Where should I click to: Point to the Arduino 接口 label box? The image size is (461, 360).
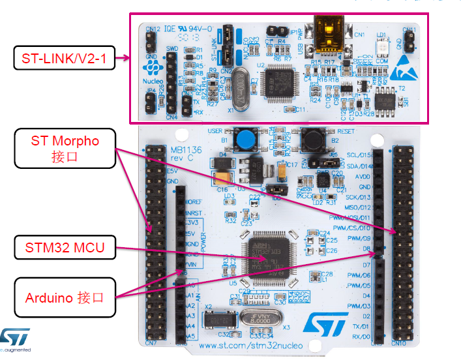click(x=64, y=298)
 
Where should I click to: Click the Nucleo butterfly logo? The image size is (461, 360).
click(x=151, y=67)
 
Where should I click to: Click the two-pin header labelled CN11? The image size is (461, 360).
click(x=411, y=42)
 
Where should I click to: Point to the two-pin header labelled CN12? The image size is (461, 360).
click(x=151, y=42)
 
